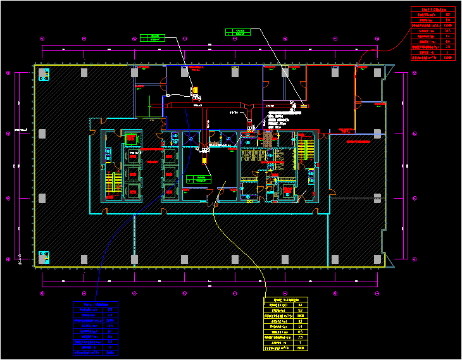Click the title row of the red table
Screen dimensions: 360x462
(433, 9)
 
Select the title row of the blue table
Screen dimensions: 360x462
(96, 304)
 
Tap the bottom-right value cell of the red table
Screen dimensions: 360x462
(448, 58)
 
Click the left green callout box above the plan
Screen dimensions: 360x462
(152, 37)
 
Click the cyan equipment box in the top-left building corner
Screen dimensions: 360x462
(44, 74)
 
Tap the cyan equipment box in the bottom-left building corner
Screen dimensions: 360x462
(44, 258)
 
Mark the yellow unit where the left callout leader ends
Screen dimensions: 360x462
(195, 89)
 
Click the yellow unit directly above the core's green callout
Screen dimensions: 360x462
(204, 160)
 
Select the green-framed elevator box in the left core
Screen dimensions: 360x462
(131, 138)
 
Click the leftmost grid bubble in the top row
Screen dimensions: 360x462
(42, 36)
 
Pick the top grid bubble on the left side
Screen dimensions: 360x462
(8, 73)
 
